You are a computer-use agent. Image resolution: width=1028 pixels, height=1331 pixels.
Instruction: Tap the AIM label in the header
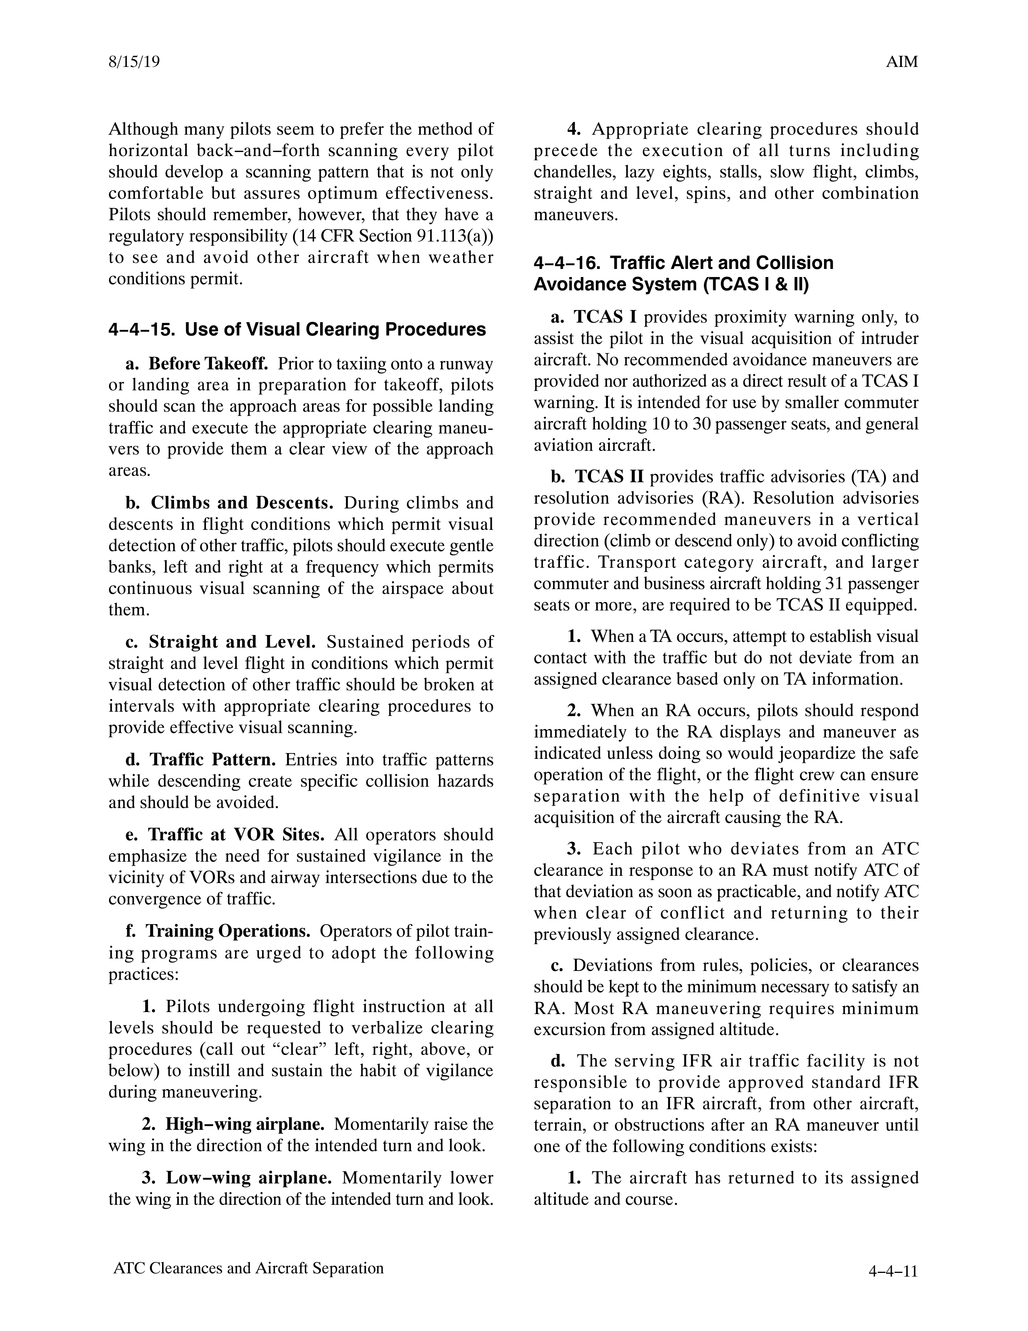[x=902, y=62]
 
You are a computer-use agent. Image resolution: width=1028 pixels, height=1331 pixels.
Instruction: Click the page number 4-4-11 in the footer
[x=893, y=1271]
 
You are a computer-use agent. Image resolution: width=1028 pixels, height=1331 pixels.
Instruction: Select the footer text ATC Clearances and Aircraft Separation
[x=249, y=1268]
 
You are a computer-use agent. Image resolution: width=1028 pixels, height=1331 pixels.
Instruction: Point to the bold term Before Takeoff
[x=208, y=364]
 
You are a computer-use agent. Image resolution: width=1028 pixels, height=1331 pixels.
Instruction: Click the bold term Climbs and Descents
[x=242, y=503]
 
